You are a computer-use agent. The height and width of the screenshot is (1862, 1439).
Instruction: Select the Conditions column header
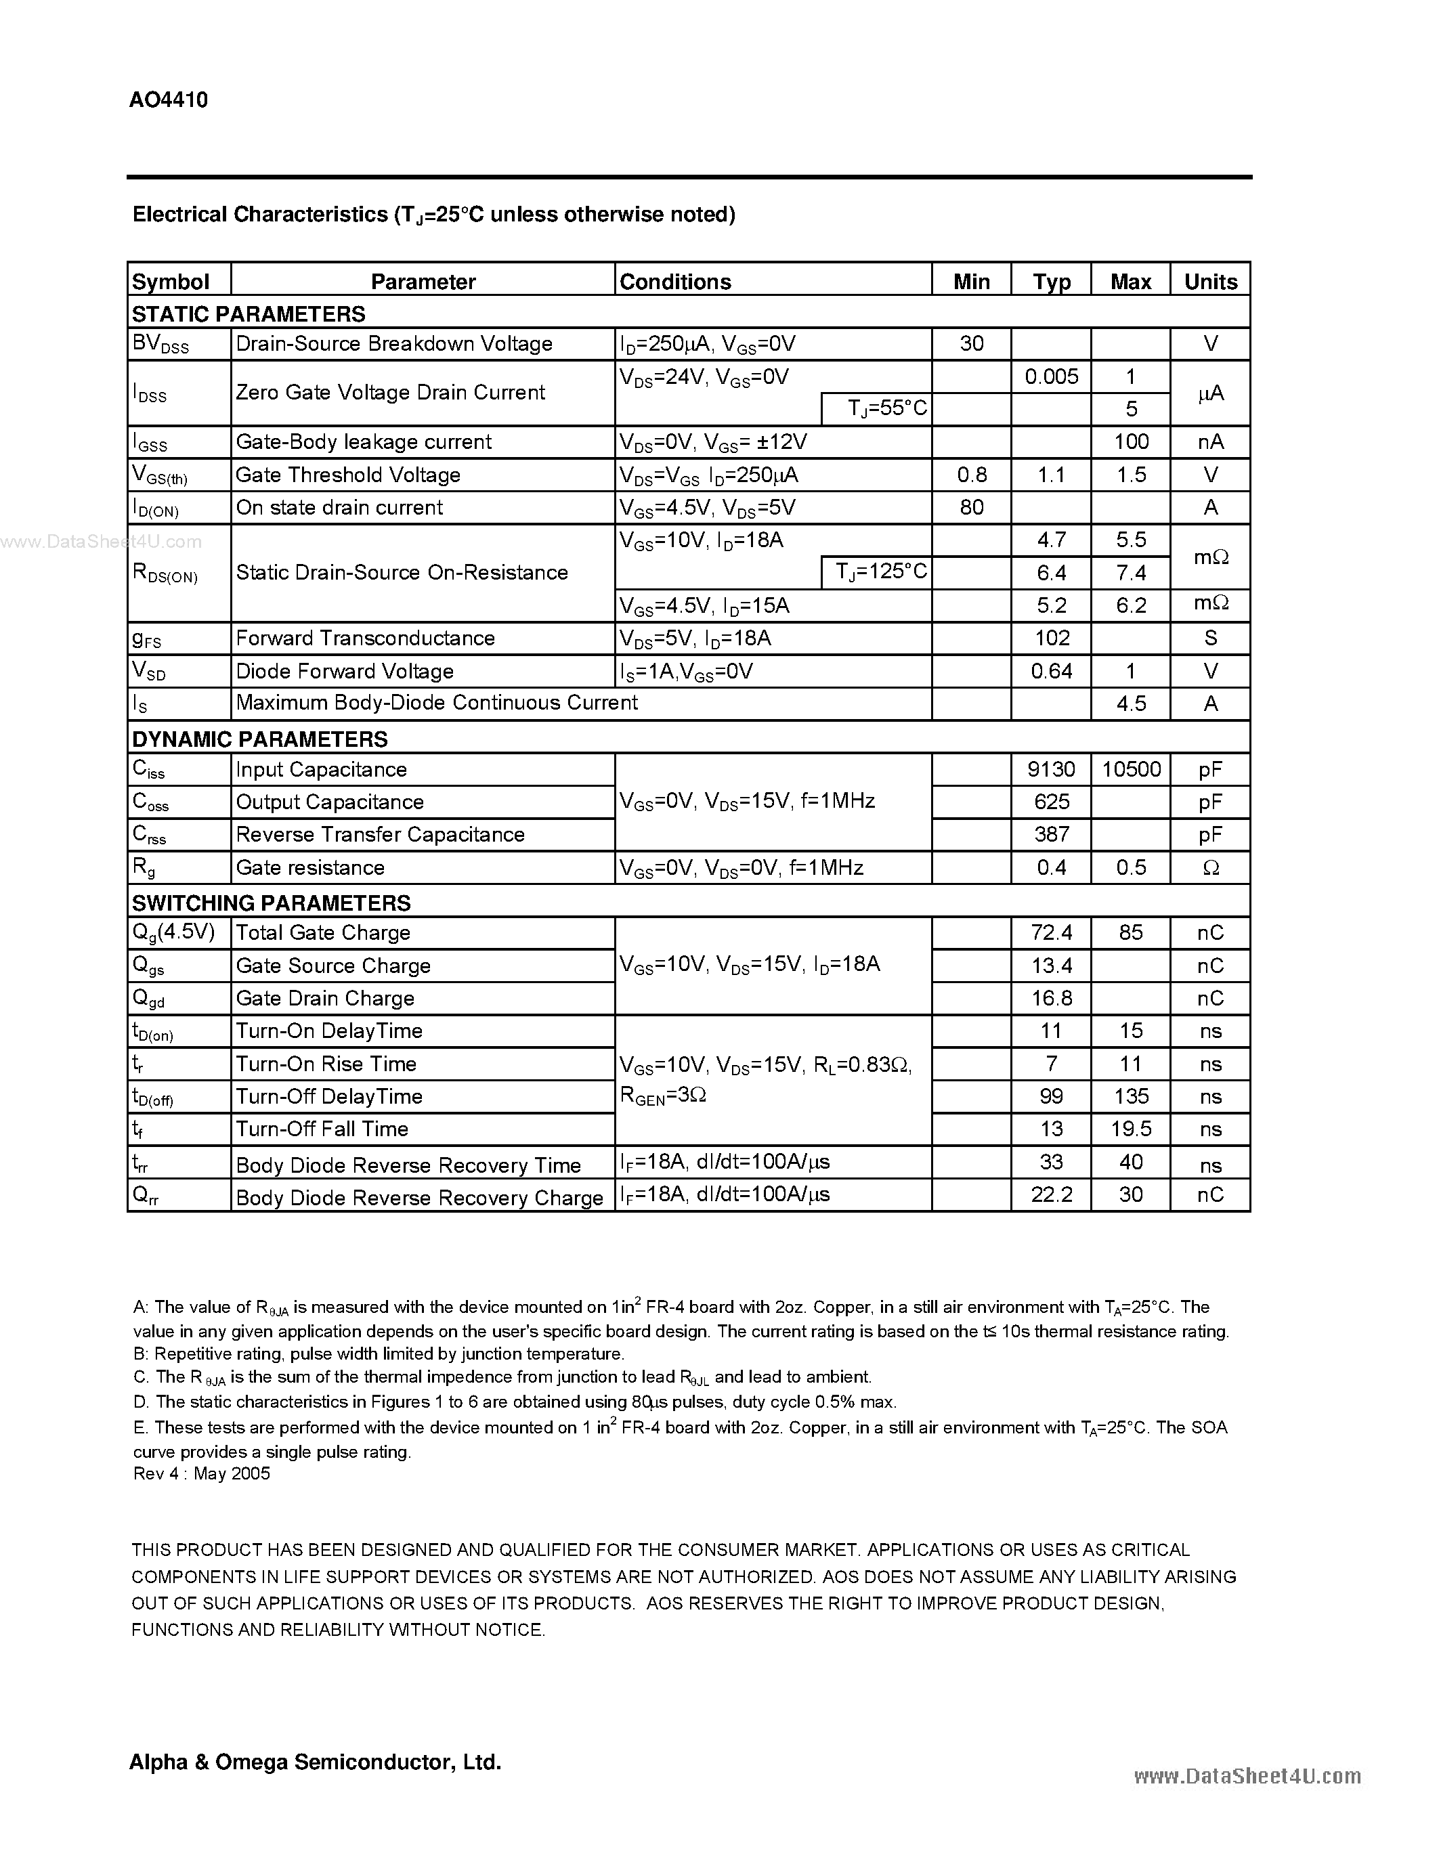pos(674,282)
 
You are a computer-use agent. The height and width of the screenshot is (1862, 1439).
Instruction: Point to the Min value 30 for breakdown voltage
pos(971,343)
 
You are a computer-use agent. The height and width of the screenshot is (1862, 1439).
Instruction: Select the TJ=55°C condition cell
pos(886,408)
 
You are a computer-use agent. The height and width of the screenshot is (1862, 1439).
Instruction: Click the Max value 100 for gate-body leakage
pos(1130,441)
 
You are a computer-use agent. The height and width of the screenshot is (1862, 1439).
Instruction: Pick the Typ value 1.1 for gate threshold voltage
pos(1050,475)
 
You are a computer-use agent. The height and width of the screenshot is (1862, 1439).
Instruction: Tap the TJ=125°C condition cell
pos(886,571)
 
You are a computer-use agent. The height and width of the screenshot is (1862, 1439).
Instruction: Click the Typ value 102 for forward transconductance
pos(1050,638)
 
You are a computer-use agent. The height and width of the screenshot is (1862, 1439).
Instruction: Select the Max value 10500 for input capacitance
pos(1130,770)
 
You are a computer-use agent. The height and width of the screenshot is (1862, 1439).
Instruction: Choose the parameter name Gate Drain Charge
pos(325,998)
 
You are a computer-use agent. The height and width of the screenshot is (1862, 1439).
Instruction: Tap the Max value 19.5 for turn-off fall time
pos(1130,1129)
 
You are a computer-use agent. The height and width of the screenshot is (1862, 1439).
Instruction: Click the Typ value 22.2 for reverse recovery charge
pos(1050,1194)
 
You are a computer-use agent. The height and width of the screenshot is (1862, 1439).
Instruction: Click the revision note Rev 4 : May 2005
pos(201,1474)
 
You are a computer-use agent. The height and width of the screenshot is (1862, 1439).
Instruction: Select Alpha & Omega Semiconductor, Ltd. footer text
pos(315,1762)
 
